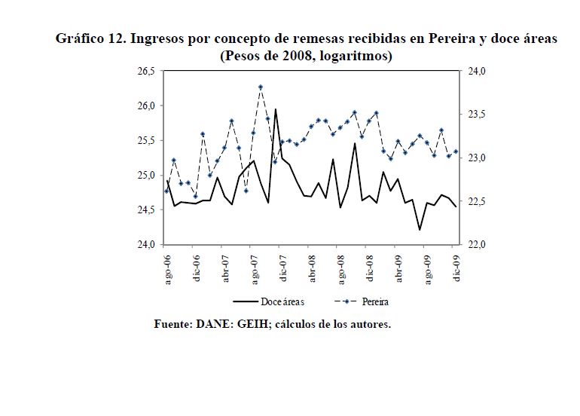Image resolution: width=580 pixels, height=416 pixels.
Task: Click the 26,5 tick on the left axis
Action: (x=144, y=71)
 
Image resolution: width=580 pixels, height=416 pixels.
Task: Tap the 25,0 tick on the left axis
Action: (x=144, y=176)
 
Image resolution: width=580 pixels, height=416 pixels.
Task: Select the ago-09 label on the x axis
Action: (x=428, y=269)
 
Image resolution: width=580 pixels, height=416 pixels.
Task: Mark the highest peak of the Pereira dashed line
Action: (x=261, y=87)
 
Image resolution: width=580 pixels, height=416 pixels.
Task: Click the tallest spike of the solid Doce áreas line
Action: (x=275, y=109)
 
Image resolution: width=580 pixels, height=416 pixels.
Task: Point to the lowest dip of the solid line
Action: (x=420, y=229)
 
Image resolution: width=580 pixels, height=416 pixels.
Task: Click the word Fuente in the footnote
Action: (x=172, y=325)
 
